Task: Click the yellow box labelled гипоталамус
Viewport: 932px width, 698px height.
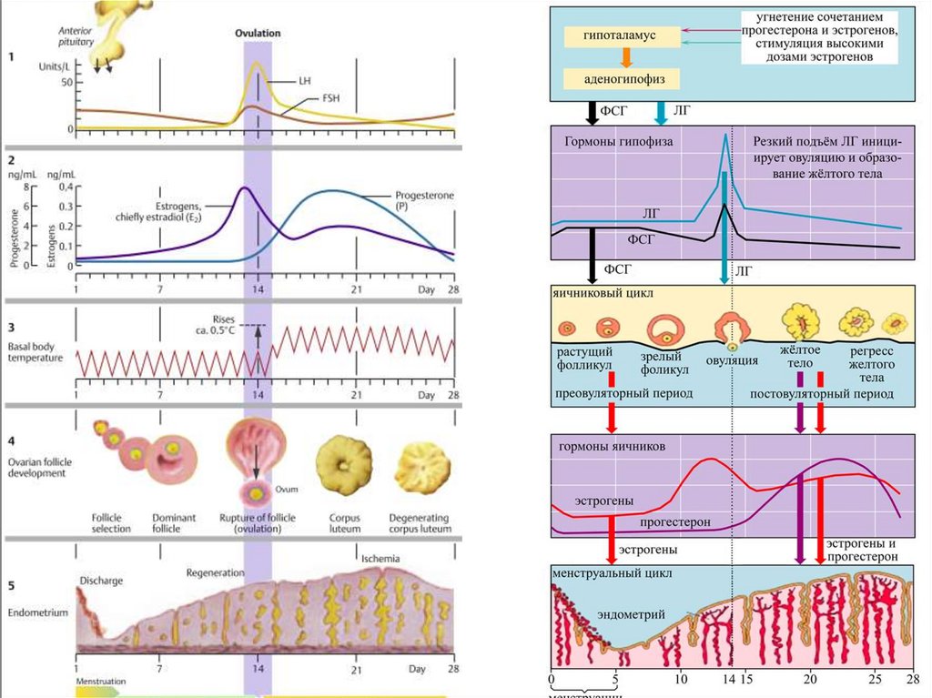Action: click(622, 36)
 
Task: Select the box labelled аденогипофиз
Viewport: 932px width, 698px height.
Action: click(622, 79)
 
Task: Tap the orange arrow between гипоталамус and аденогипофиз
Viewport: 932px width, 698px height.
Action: click(625, 58)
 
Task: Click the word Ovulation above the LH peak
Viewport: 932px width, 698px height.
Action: click(258, 33)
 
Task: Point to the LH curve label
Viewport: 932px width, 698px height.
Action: click(304, 81)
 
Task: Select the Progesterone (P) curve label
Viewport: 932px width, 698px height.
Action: click(424, 201)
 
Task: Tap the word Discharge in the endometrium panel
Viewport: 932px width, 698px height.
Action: click(100, 580)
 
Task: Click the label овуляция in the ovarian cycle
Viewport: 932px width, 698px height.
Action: click(732, 360)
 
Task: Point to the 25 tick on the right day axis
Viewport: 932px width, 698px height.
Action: click(875, 680)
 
